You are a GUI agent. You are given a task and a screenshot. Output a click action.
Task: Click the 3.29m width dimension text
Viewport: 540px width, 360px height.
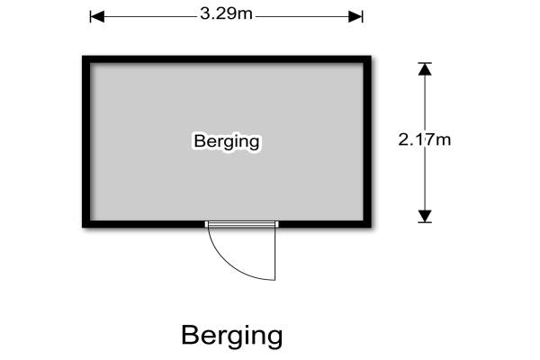pos(226,15)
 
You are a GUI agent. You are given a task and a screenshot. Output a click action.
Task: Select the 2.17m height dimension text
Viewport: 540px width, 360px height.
pos(424,139)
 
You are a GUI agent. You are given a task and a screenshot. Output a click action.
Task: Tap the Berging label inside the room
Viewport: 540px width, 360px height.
pos(227,141)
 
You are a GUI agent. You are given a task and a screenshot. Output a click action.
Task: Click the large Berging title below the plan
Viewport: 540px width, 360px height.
pos(231,335)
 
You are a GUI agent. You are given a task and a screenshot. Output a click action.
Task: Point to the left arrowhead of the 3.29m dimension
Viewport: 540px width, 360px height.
pos(96,16)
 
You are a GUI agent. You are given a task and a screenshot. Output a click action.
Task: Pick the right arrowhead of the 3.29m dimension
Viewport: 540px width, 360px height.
pos(356,16)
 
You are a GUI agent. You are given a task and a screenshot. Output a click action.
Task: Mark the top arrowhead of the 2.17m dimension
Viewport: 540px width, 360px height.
pos(425,67)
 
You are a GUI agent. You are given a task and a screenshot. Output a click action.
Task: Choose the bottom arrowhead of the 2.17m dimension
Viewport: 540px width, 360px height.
pos(425,216)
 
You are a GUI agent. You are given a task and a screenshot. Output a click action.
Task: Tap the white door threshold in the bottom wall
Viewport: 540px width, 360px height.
pos(241,224)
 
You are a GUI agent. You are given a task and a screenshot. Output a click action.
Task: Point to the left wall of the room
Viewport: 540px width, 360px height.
pos(86,141)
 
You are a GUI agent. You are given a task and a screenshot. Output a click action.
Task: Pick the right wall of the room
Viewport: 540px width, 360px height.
pos(367,141)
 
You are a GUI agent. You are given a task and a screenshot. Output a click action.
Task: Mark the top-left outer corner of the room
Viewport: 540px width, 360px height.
pos(84,57)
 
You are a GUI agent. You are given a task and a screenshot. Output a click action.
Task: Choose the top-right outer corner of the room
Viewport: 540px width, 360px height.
pos(370,57)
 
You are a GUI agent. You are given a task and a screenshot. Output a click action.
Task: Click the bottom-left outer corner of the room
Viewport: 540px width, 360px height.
pos(84,227)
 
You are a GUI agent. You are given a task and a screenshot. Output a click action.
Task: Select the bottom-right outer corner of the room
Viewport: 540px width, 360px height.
pos(370,227)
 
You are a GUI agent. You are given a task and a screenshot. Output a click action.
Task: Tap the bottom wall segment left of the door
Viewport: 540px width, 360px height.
pos(144,223)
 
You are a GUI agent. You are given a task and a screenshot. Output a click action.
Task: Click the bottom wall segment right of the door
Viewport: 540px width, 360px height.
pos(324,223)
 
